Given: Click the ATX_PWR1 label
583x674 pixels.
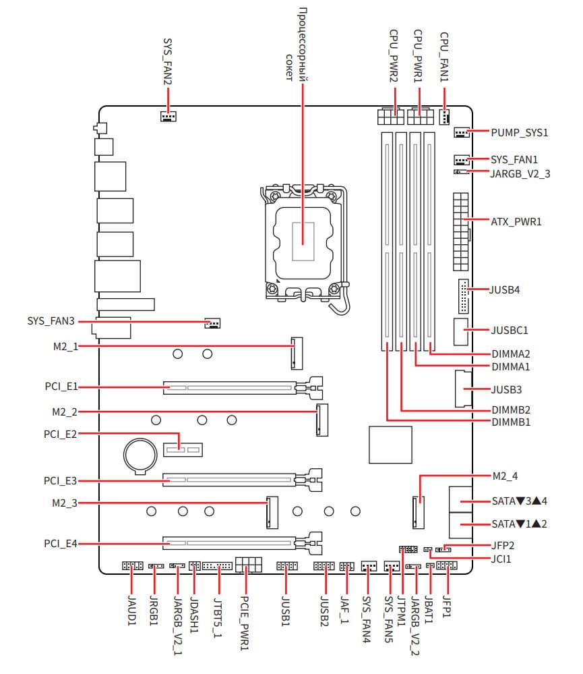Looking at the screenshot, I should [516, 221].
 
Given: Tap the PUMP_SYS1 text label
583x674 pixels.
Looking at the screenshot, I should [520, 133].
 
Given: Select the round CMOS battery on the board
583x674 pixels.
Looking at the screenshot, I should [141, 456].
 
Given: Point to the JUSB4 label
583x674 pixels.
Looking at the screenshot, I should [505, 289].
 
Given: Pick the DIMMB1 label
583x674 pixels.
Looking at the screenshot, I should [511, 422].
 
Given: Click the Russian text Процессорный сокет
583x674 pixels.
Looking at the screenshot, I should [296, 45].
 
